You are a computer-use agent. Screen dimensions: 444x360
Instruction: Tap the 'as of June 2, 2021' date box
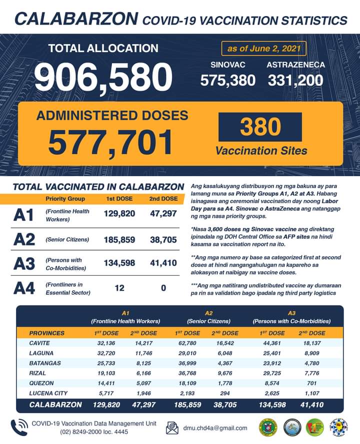click(x=263, y=49)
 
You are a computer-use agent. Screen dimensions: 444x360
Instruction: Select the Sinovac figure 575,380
click(x=228, y=80)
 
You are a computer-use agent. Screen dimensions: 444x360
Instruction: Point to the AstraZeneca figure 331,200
click(x=296, y=80)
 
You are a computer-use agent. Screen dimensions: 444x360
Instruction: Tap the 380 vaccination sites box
click(x=260, y=127)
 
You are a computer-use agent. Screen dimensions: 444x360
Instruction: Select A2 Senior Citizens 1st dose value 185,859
click(x=119, y=240)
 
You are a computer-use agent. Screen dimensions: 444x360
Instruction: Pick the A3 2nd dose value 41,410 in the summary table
click(x=163, y=263)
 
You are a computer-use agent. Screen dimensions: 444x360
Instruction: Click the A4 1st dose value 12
click(x=119, y=288)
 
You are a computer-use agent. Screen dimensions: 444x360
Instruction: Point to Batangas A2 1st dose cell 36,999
click(x=187, y=364)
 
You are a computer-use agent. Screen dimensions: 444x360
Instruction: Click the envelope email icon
click(x=172, y=428)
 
